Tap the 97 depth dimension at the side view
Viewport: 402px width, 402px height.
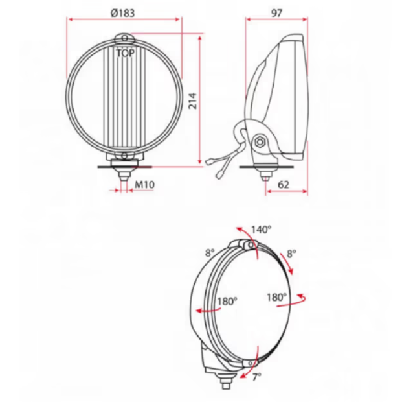[x=276, y=12]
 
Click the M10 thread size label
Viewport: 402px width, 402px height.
[x=144, y=185]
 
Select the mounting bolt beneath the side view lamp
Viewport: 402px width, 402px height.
[x=265, y=174]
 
